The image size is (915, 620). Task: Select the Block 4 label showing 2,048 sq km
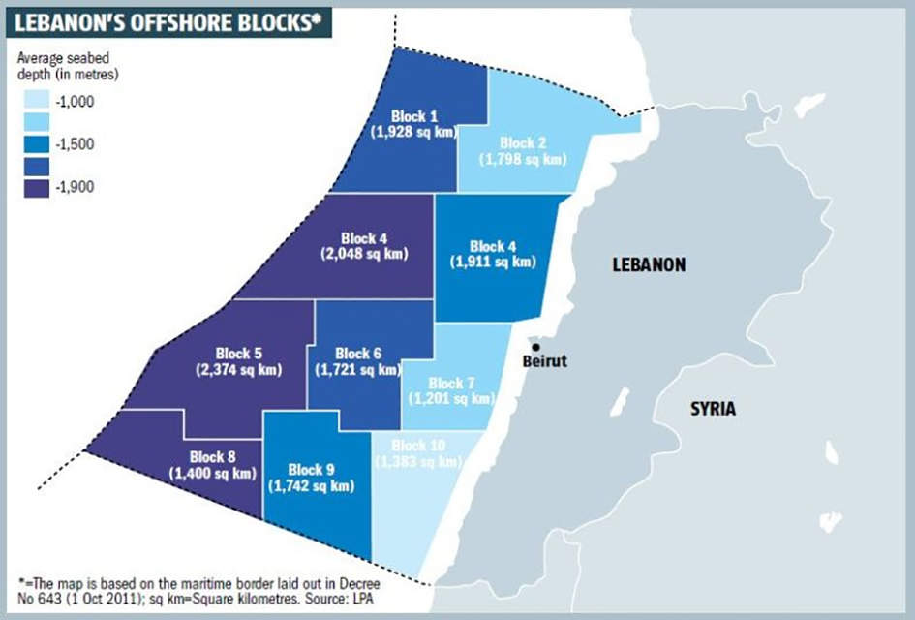click(x=364, y=246)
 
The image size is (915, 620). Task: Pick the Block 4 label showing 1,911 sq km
click(x=494, y=254)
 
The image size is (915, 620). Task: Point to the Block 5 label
click(x=238, y=361)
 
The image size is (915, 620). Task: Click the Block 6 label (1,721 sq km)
click(x=358, y=361)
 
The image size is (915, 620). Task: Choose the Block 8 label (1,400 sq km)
click(x=213, y=465)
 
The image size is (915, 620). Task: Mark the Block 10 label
click(x=419, y=454)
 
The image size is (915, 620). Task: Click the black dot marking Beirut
click(x=535, y=347)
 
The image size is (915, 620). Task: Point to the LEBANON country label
click(x=649, y=264)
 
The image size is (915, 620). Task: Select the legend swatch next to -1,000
click(x=35, y=100)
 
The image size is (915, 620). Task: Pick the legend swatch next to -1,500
click(x=35, y=143)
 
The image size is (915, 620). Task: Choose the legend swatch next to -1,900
click(x=35, y=186)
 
